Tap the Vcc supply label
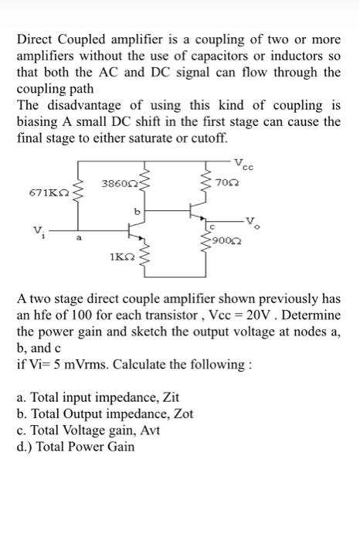tap(252, 164)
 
